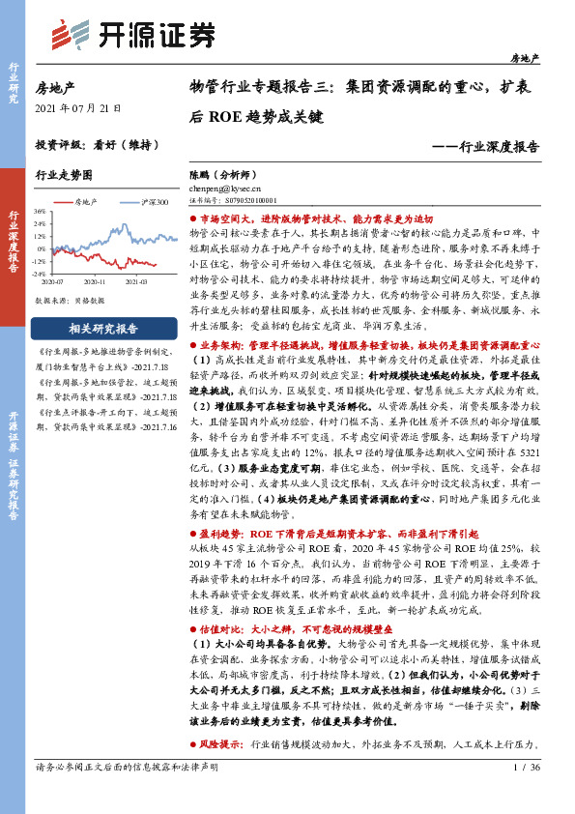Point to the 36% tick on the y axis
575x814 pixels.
39,211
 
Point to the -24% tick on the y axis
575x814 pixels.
39,274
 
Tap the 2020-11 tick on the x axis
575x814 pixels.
95,282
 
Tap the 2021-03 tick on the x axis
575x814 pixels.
135,282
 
